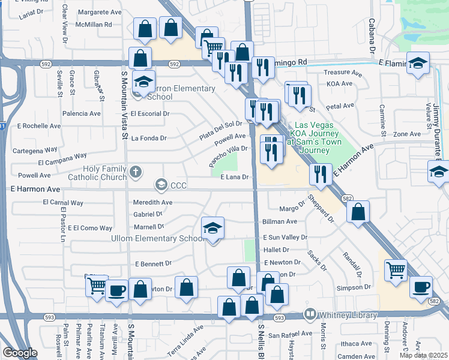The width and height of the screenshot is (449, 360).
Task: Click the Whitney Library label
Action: (x=348, y=315)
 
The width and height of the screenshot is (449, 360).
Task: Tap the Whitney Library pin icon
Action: (x=310, y=314)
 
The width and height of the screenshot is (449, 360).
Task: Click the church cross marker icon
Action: (x=136, y=173)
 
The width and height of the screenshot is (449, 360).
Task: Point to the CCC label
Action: (x=179, y=185)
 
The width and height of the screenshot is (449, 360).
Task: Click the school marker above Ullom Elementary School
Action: (x=212, y=229)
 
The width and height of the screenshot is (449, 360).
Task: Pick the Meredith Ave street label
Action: (x=152, y=202)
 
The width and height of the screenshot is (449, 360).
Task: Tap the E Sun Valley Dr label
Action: (x=285, y=238)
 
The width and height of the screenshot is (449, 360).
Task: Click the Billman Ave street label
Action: (x=280, y=221)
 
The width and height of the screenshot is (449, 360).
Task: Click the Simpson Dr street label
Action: (x=352, y=288)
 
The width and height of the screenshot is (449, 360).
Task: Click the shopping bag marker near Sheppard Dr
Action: (x=358, y=212)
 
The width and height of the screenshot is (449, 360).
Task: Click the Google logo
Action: (x=20, y=353)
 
